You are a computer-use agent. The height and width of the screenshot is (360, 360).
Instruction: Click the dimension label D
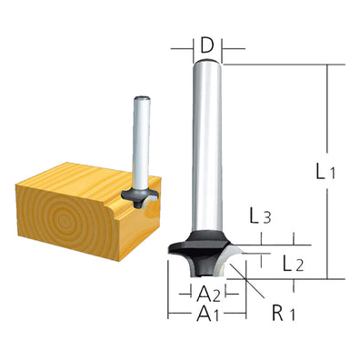(207, 43)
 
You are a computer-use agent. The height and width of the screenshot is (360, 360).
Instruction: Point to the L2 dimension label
(293, 265)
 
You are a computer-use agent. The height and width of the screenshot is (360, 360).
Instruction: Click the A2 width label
(209, 293)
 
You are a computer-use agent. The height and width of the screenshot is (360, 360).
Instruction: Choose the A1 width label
(209, 315)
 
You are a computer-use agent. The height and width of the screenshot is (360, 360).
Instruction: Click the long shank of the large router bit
(208, 155)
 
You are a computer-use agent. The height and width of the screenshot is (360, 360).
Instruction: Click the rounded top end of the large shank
(208, 64)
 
